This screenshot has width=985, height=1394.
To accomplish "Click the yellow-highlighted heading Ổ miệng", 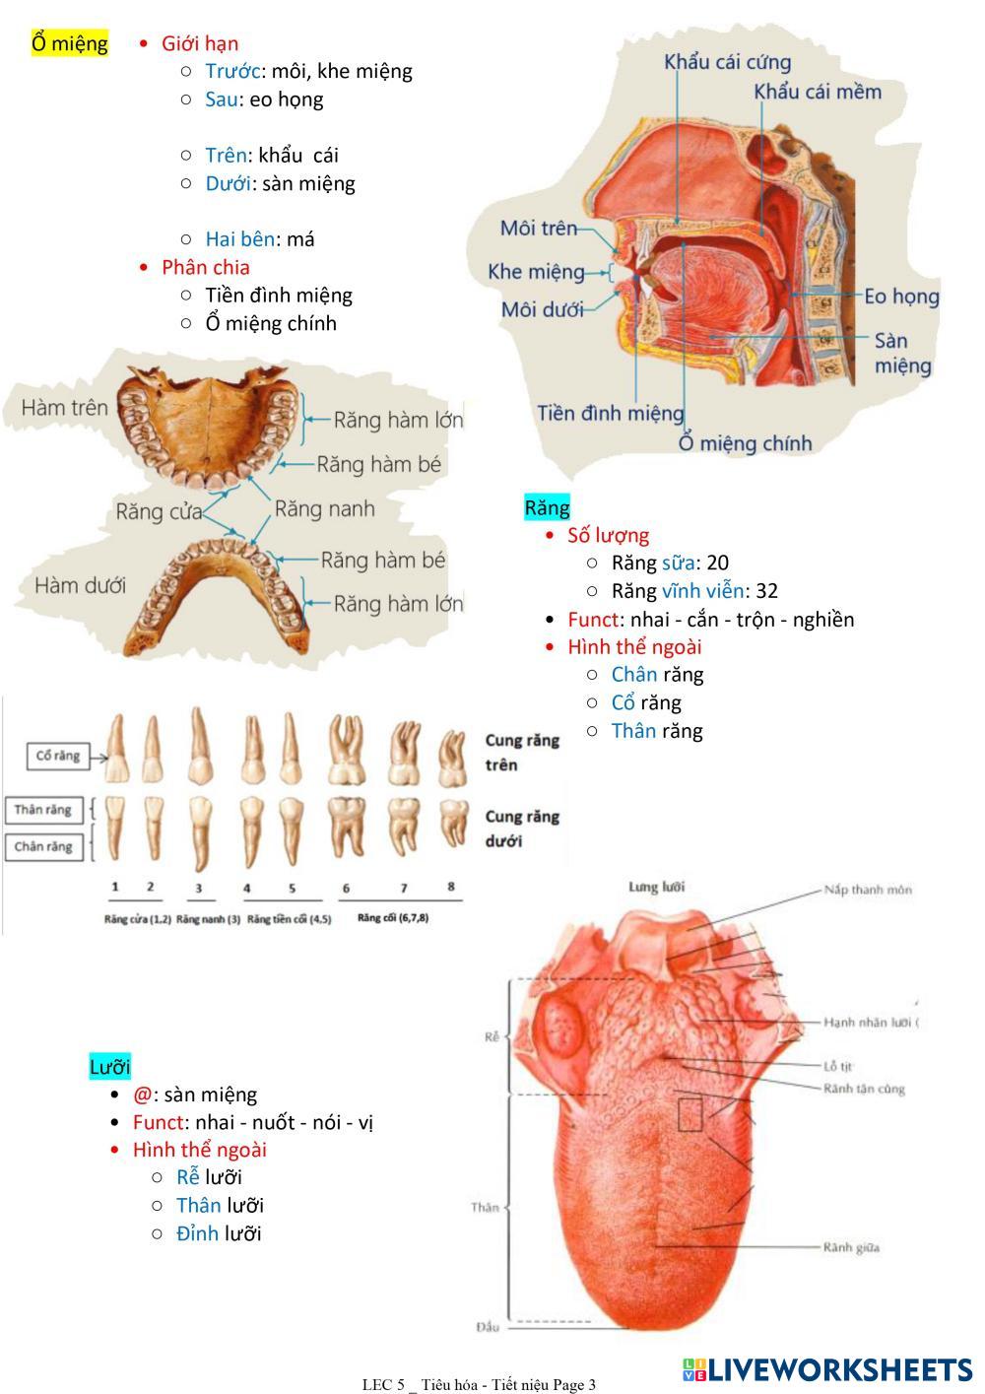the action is tap(69, 43).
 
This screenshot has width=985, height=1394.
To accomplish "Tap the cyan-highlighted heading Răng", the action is tap(547, 507).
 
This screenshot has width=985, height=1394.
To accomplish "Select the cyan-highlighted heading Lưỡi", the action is tap(109, 1067).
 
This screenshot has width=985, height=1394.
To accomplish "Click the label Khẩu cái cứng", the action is tap(727, 62).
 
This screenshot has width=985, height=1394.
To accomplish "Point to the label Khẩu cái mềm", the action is tap(817, 92).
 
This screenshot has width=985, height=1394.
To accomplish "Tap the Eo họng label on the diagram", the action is tap(901, 296).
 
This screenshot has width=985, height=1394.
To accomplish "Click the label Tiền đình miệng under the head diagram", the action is tap(610, 413).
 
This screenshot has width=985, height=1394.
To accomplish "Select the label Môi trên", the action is tap(538, 229).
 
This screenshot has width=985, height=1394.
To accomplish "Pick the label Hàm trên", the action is tap(64, 408).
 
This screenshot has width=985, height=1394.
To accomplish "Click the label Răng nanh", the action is tap(324, 508).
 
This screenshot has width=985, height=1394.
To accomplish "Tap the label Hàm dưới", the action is tap(80, 585).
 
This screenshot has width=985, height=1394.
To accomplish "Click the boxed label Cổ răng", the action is tap(57, 757).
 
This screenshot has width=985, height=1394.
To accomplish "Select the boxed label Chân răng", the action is tap(43, 846).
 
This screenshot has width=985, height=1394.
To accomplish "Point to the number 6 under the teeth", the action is tap(346, 888).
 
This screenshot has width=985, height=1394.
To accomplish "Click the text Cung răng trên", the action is tap(521, 752).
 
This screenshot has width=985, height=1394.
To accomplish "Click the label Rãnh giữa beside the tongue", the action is tap(851, 1247).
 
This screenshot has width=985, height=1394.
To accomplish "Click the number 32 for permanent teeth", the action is tap(766, 591).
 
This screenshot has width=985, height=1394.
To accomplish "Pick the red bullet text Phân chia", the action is tap(205, 267).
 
